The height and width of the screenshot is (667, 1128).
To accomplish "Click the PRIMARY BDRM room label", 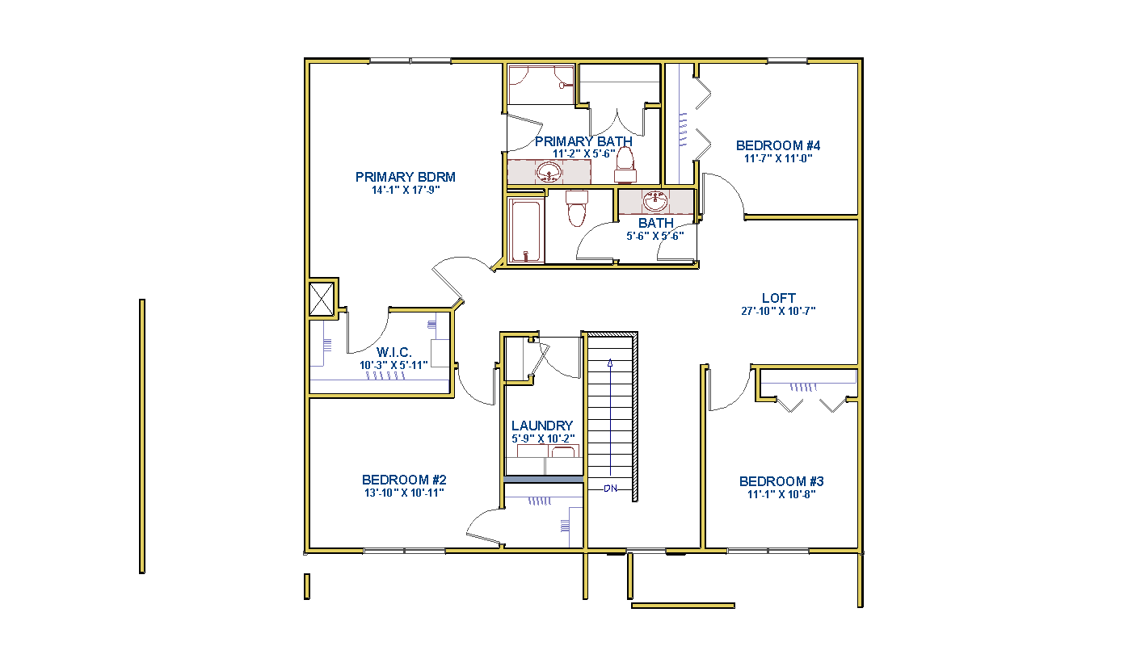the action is tap(406, 177).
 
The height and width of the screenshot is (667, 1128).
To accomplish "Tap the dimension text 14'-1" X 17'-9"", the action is tap(406, 190).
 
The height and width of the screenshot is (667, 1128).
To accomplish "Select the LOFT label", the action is tap(778, 298).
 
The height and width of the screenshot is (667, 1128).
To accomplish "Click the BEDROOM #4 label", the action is tap(778, 145).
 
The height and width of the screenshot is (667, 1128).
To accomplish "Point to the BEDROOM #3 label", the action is tap(781, 481).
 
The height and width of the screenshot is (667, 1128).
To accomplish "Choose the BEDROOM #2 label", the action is tap(404, 480).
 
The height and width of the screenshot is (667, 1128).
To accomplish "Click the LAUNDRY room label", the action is tap(542, 426).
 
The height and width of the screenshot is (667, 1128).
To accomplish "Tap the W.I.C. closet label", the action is tap(394, 352).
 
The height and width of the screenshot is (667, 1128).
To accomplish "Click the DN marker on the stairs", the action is tap(610, 489).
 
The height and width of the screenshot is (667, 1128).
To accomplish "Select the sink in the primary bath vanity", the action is tap(549, 173).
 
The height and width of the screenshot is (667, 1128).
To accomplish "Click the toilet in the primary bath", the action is tap(625, 165).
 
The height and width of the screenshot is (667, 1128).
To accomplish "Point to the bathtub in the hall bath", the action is tap(526, 231).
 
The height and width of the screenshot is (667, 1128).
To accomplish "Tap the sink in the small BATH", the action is tap(655, 201).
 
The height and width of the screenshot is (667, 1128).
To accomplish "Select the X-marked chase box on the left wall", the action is tap(322, 299).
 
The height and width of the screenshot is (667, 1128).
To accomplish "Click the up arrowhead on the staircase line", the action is tap(610, 363).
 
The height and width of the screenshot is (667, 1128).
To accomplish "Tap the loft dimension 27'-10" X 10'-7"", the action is tap(778, 311).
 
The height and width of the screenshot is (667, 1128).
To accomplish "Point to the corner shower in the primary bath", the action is tap(541, 84).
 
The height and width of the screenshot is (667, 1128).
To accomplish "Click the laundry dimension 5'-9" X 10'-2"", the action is tap(543, 438).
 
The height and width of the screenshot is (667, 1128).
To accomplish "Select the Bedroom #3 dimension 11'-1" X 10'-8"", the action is tap(781, 494).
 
